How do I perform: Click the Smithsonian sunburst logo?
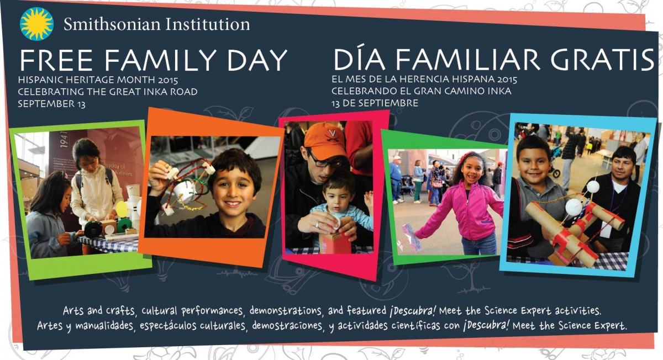36,24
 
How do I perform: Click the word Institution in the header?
208,24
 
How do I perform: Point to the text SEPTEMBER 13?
51,104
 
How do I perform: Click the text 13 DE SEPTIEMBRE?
375,103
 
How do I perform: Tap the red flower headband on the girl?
462,157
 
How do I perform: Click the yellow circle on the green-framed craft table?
122,209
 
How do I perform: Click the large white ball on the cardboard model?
573,207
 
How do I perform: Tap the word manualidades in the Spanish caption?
104,325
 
